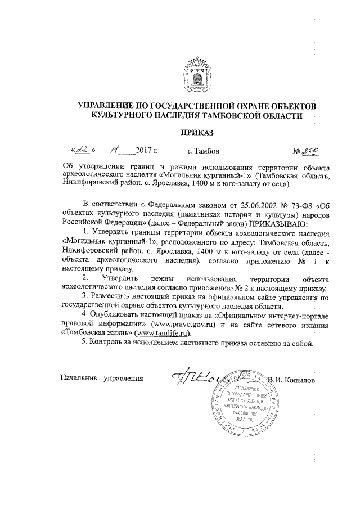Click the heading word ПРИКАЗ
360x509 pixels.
click(x=197, y=133)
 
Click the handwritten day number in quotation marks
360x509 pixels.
click(x=83, y=150)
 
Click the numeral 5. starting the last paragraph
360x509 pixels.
click(x=84, y=344)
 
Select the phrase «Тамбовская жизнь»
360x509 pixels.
click(x=92, y=334)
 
